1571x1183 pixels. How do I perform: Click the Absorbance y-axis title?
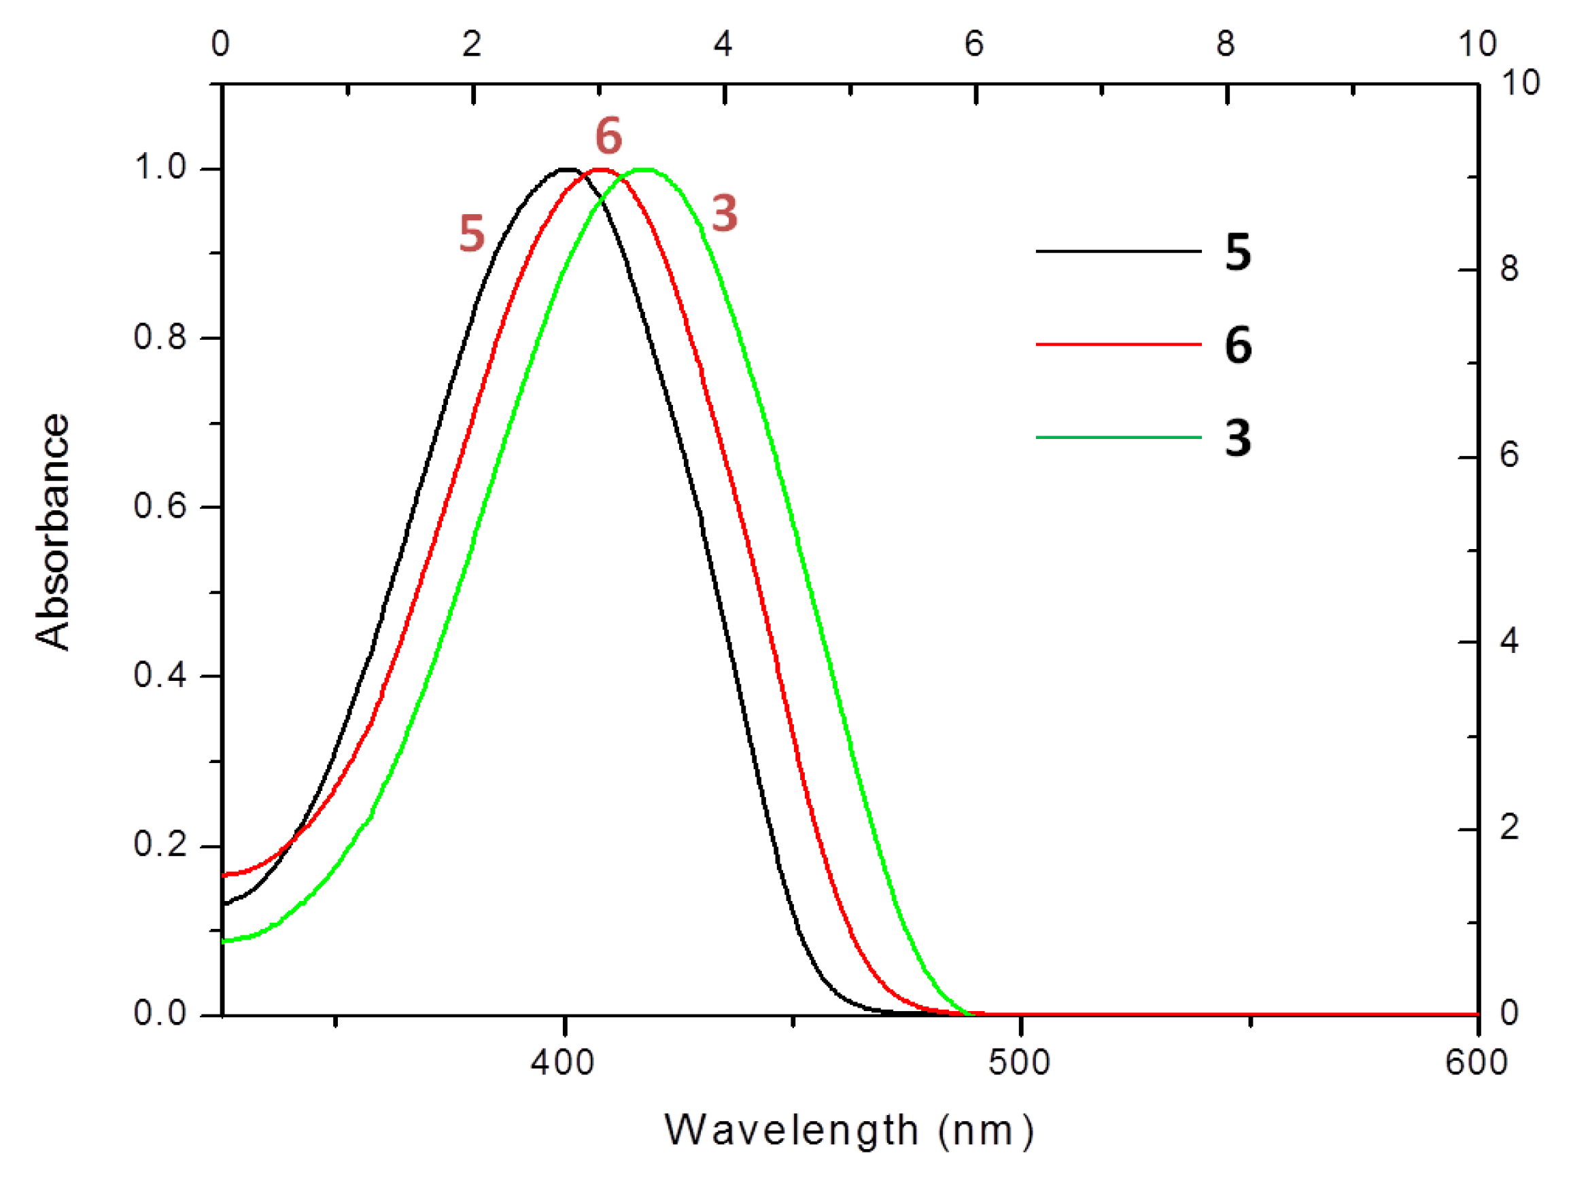(52, 533)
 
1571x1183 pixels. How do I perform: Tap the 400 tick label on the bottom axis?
(563, 1063)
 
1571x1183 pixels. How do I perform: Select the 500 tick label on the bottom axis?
(1019, 1063)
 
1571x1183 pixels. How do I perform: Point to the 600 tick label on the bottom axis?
(1477, 1063)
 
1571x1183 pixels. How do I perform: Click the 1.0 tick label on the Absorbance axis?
(160, 168)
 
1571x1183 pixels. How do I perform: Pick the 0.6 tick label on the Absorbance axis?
(160, 506)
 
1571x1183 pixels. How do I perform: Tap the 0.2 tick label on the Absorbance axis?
(160, 845)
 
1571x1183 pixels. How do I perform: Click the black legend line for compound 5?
(1118, 251)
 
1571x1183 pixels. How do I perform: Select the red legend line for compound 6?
(1118, 345)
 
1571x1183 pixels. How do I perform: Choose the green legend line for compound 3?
(1118, 438)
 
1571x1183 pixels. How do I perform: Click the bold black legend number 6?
(1238, 345)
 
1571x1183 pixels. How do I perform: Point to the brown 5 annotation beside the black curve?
(472, 234)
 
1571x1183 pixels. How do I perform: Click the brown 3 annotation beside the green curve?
(725, 213)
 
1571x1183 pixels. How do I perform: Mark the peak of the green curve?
(644, 169)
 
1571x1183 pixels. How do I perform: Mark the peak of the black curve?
(566, 169)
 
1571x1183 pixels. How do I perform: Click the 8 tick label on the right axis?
(1509, 269)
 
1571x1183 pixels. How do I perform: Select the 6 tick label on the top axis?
(973, 45)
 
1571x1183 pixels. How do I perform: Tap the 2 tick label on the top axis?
(472, 45)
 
